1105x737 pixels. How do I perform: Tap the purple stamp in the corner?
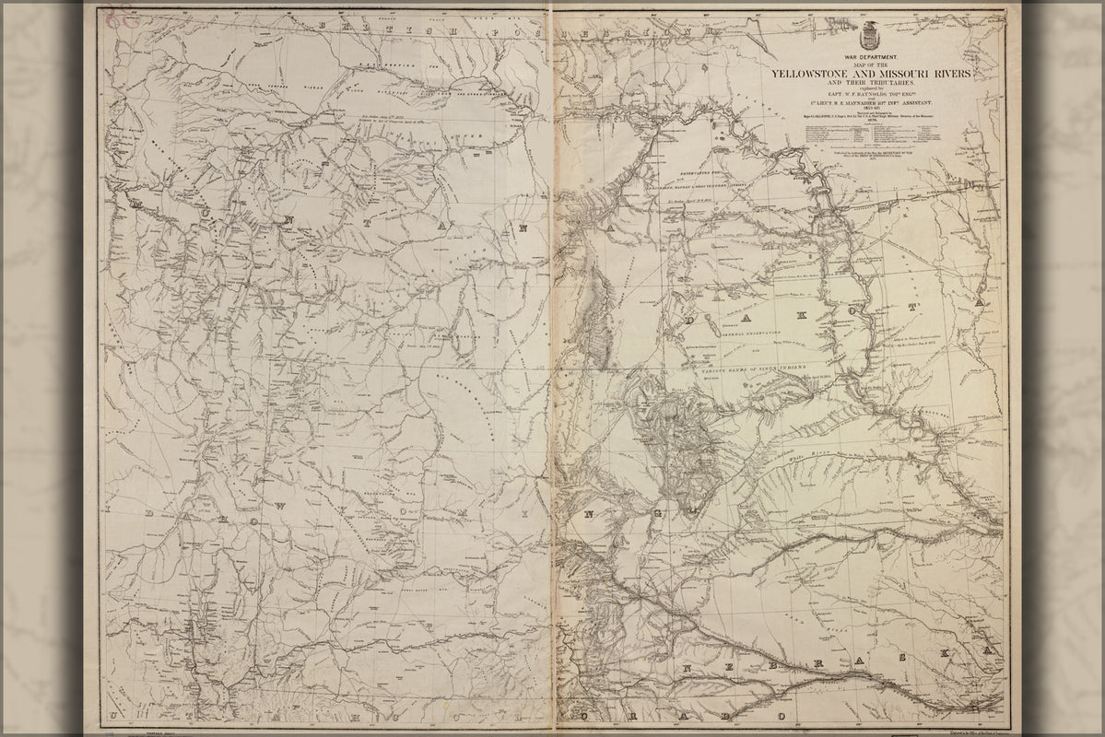(x=115, y=19)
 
